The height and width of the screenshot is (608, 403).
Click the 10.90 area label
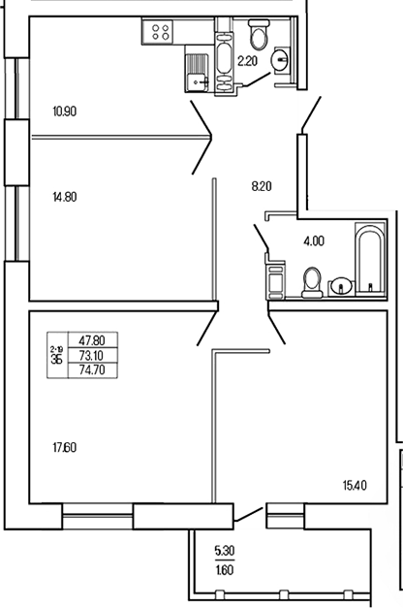65,112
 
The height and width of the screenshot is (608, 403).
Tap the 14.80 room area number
65,196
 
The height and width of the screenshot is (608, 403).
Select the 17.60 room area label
65,447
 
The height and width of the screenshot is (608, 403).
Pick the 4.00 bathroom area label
313,241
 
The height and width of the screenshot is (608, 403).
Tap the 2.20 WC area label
248,60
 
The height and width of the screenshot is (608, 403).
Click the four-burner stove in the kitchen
159,32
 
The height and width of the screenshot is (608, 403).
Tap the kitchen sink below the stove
198,70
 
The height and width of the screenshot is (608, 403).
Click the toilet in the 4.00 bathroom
312,283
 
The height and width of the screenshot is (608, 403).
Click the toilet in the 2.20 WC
258,39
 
